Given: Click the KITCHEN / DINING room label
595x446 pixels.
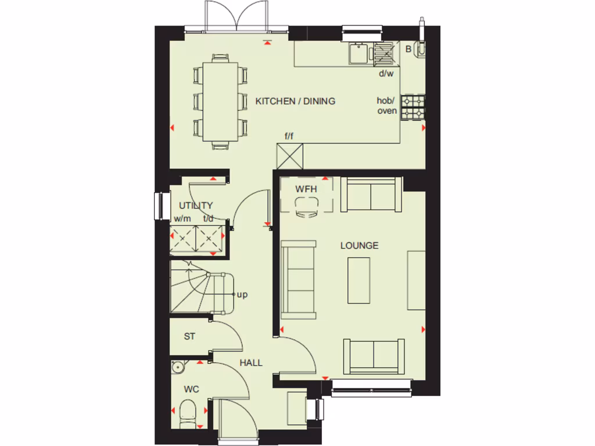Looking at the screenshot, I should (295, 101).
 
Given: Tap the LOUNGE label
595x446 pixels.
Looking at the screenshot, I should (359, 246).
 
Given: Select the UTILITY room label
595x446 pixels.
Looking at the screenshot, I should (196, 206).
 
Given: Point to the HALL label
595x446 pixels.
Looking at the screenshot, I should (251, 363).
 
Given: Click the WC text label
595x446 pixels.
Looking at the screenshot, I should (191, 389).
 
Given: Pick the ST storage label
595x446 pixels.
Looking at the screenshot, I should (189, 336).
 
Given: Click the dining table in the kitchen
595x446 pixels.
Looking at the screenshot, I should (220, 102).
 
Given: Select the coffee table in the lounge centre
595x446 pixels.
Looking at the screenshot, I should (359, 280).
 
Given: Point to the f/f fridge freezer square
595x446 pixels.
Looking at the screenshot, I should (291, 156).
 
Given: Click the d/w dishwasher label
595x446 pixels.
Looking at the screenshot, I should (386, 74).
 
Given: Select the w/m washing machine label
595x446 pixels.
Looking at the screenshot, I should (182, 219).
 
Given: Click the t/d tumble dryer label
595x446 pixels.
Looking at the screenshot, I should (209, 219).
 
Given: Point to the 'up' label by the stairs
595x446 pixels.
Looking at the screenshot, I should (242, 295).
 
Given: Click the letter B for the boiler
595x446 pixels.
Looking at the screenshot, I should (408, 50).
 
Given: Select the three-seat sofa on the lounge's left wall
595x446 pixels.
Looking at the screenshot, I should (298, 280).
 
